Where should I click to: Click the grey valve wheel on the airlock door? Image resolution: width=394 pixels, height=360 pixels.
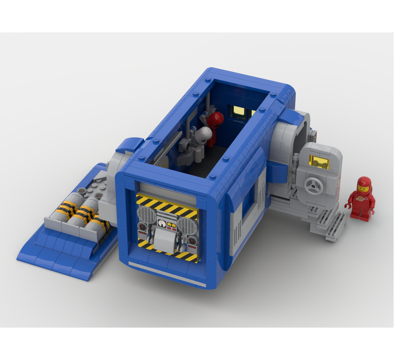click(x=311, y=185)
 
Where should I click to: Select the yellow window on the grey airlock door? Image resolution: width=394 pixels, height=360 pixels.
click(x=319, y=162)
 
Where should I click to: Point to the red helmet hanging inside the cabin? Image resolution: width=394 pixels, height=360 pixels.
click(x=216, y=119)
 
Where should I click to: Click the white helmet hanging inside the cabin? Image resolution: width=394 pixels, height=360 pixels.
click(x=205, y=134)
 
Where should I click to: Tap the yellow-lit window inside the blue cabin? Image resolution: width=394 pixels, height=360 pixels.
click(x=238, y=111)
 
